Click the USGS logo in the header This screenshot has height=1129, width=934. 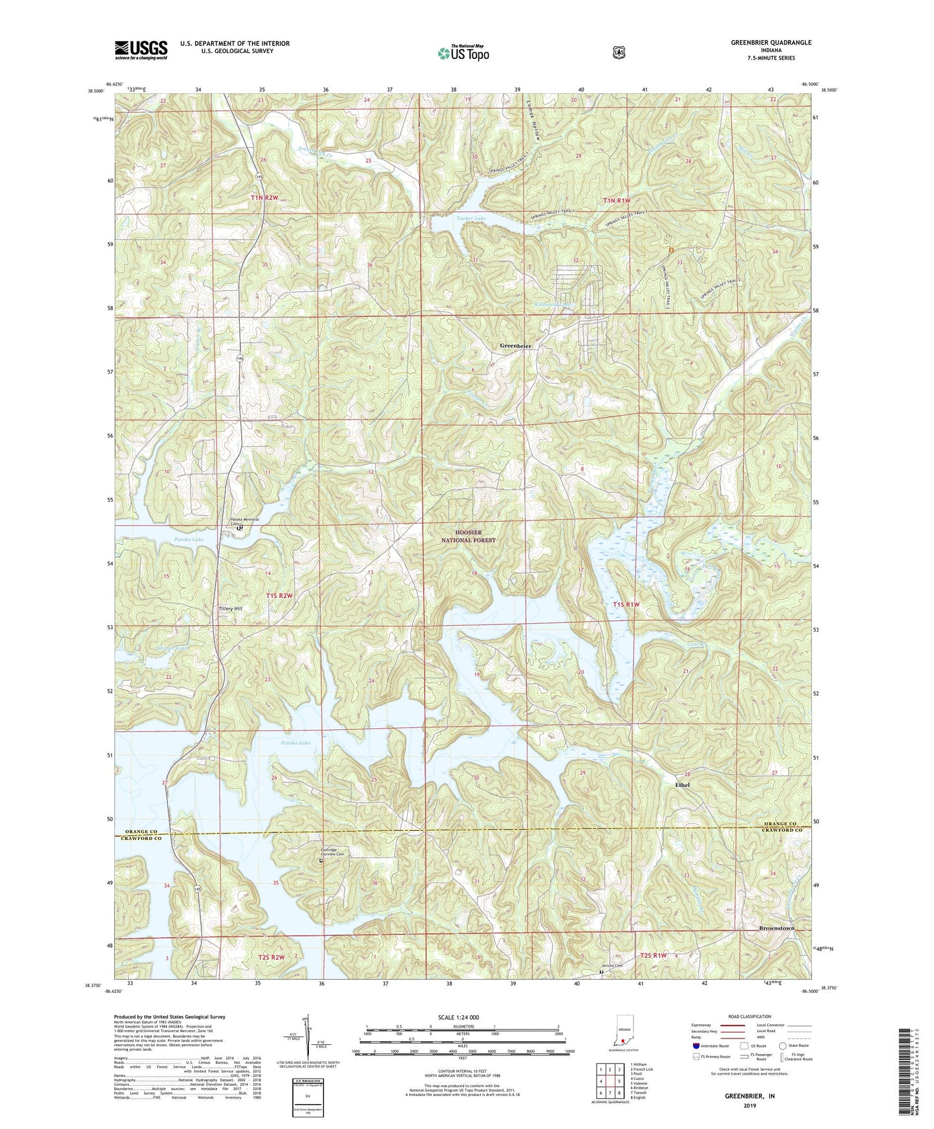pyautogui.click(x=141, y=49)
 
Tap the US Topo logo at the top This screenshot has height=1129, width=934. pyautogui.click(x=462, y=52)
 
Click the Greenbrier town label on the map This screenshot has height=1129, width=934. pyautogui.click(x=516, y=347)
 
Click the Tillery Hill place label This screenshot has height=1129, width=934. pyautogui.click(x=228, y=608)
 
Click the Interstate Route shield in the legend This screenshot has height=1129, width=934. pyautogui.click(x=695, y=1045)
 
